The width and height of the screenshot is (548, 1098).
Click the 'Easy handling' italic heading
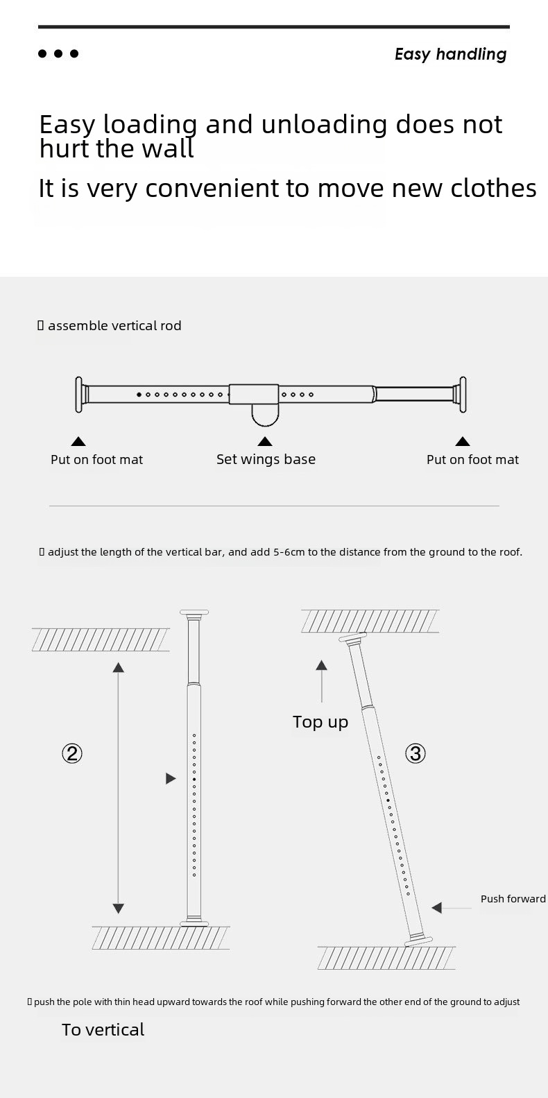[450, 54]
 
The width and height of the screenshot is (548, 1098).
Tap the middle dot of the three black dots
[58, 53]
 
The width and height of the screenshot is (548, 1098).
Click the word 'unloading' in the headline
[324, 125]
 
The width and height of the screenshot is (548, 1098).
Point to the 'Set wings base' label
[266, 459]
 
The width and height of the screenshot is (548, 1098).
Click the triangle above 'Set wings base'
[265, 442]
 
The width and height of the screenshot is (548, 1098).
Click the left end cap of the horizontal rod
[79, 395]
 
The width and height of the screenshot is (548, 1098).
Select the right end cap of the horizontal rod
[462, 395]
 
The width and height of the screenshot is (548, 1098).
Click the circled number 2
[72, 753]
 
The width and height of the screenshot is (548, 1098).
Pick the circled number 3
[416, 753]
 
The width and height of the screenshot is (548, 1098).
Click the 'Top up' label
[320, 723]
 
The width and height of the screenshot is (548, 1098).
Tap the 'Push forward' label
[513, 898]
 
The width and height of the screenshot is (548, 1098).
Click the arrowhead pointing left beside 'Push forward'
[437, 908]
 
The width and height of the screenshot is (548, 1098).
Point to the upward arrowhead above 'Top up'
[322, 665]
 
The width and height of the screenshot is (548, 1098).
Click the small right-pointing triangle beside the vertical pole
[171, 778]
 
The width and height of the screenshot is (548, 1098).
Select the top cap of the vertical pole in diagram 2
[194, 612]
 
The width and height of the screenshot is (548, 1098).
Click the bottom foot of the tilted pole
[418, 940]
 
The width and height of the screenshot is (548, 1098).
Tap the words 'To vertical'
[103, 1029]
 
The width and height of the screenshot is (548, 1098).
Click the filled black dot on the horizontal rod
[139, 395]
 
